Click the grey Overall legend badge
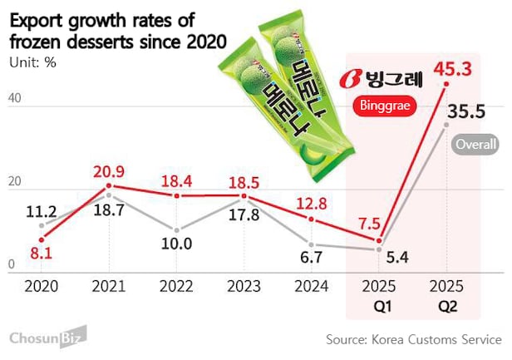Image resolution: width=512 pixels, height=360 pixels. point(476,145)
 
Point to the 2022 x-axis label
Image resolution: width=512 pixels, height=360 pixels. point(175,286)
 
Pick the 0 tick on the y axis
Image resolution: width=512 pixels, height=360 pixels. point(11,265)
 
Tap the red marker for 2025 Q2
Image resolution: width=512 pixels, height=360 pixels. point(447,84)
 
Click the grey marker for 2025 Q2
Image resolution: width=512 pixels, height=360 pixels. point(447,125)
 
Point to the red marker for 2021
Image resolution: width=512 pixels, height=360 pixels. point(108,185)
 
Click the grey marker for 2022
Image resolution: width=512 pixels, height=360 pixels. point(175,229)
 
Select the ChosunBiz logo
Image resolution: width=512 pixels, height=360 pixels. point(49,337)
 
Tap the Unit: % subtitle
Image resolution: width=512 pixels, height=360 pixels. point(36,62)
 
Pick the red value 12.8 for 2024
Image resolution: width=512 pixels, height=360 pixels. point(311,203)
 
